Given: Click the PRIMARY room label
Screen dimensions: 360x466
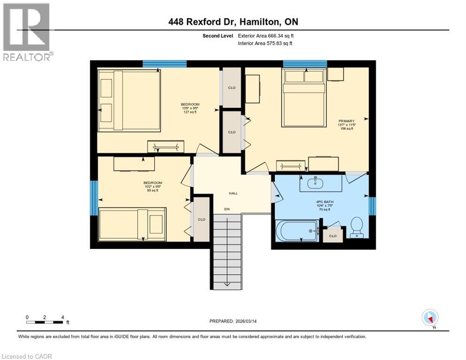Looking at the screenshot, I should coord(346,120).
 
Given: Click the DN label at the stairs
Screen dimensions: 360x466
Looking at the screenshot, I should coord(227,210).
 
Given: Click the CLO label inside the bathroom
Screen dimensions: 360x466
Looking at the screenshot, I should coord(333,235).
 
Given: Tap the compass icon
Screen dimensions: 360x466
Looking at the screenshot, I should coord(430,318).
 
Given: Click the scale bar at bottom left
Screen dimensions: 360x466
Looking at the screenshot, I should coord(45,322).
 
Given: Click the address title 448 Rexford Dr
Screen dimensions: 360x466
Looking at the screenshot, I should coord(233,22).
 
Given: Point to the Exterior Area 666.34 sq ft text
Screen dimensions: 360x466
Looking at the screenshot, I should coord(267,36).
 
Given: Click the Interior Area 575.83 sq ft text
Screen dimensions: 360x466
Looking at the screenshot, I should coord(266,44).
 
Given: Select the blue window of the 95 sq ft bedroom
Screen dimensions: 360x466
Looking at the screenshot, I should coord(94,197).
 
